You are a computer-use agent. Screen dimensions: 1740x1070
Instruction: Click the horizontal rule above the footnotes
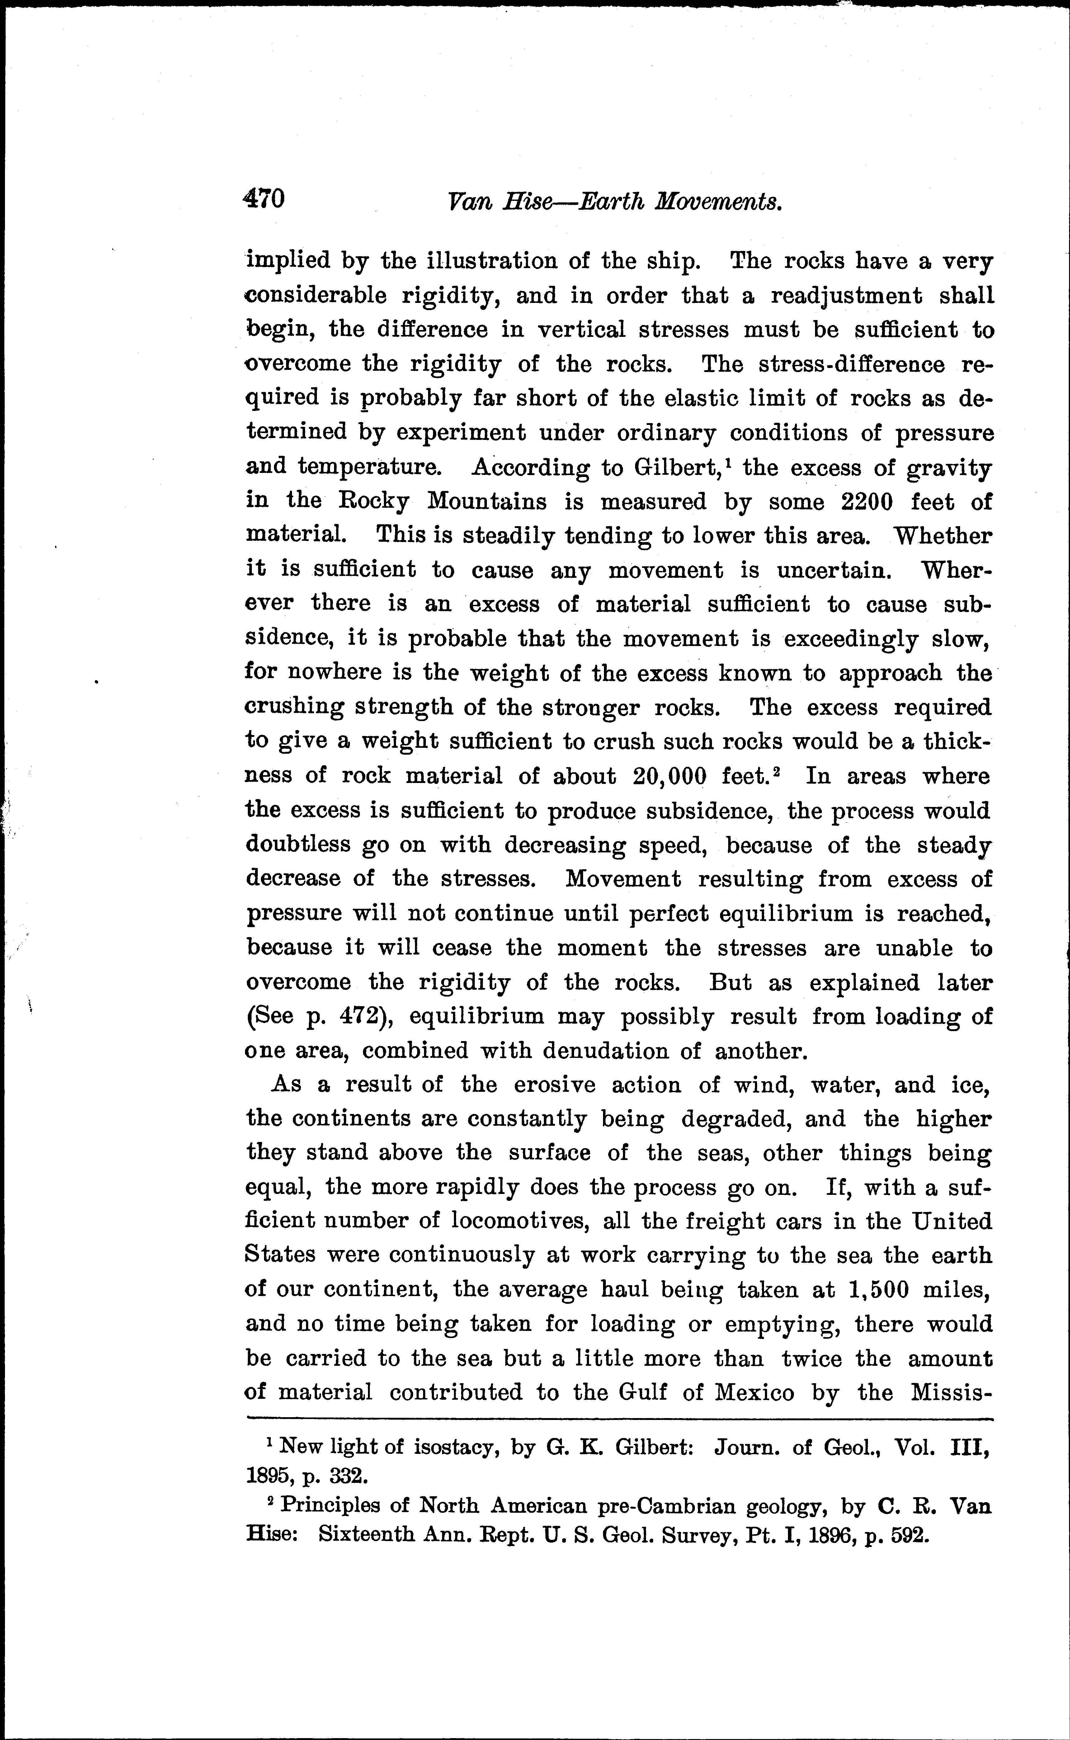click(x=620, y=1418)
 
